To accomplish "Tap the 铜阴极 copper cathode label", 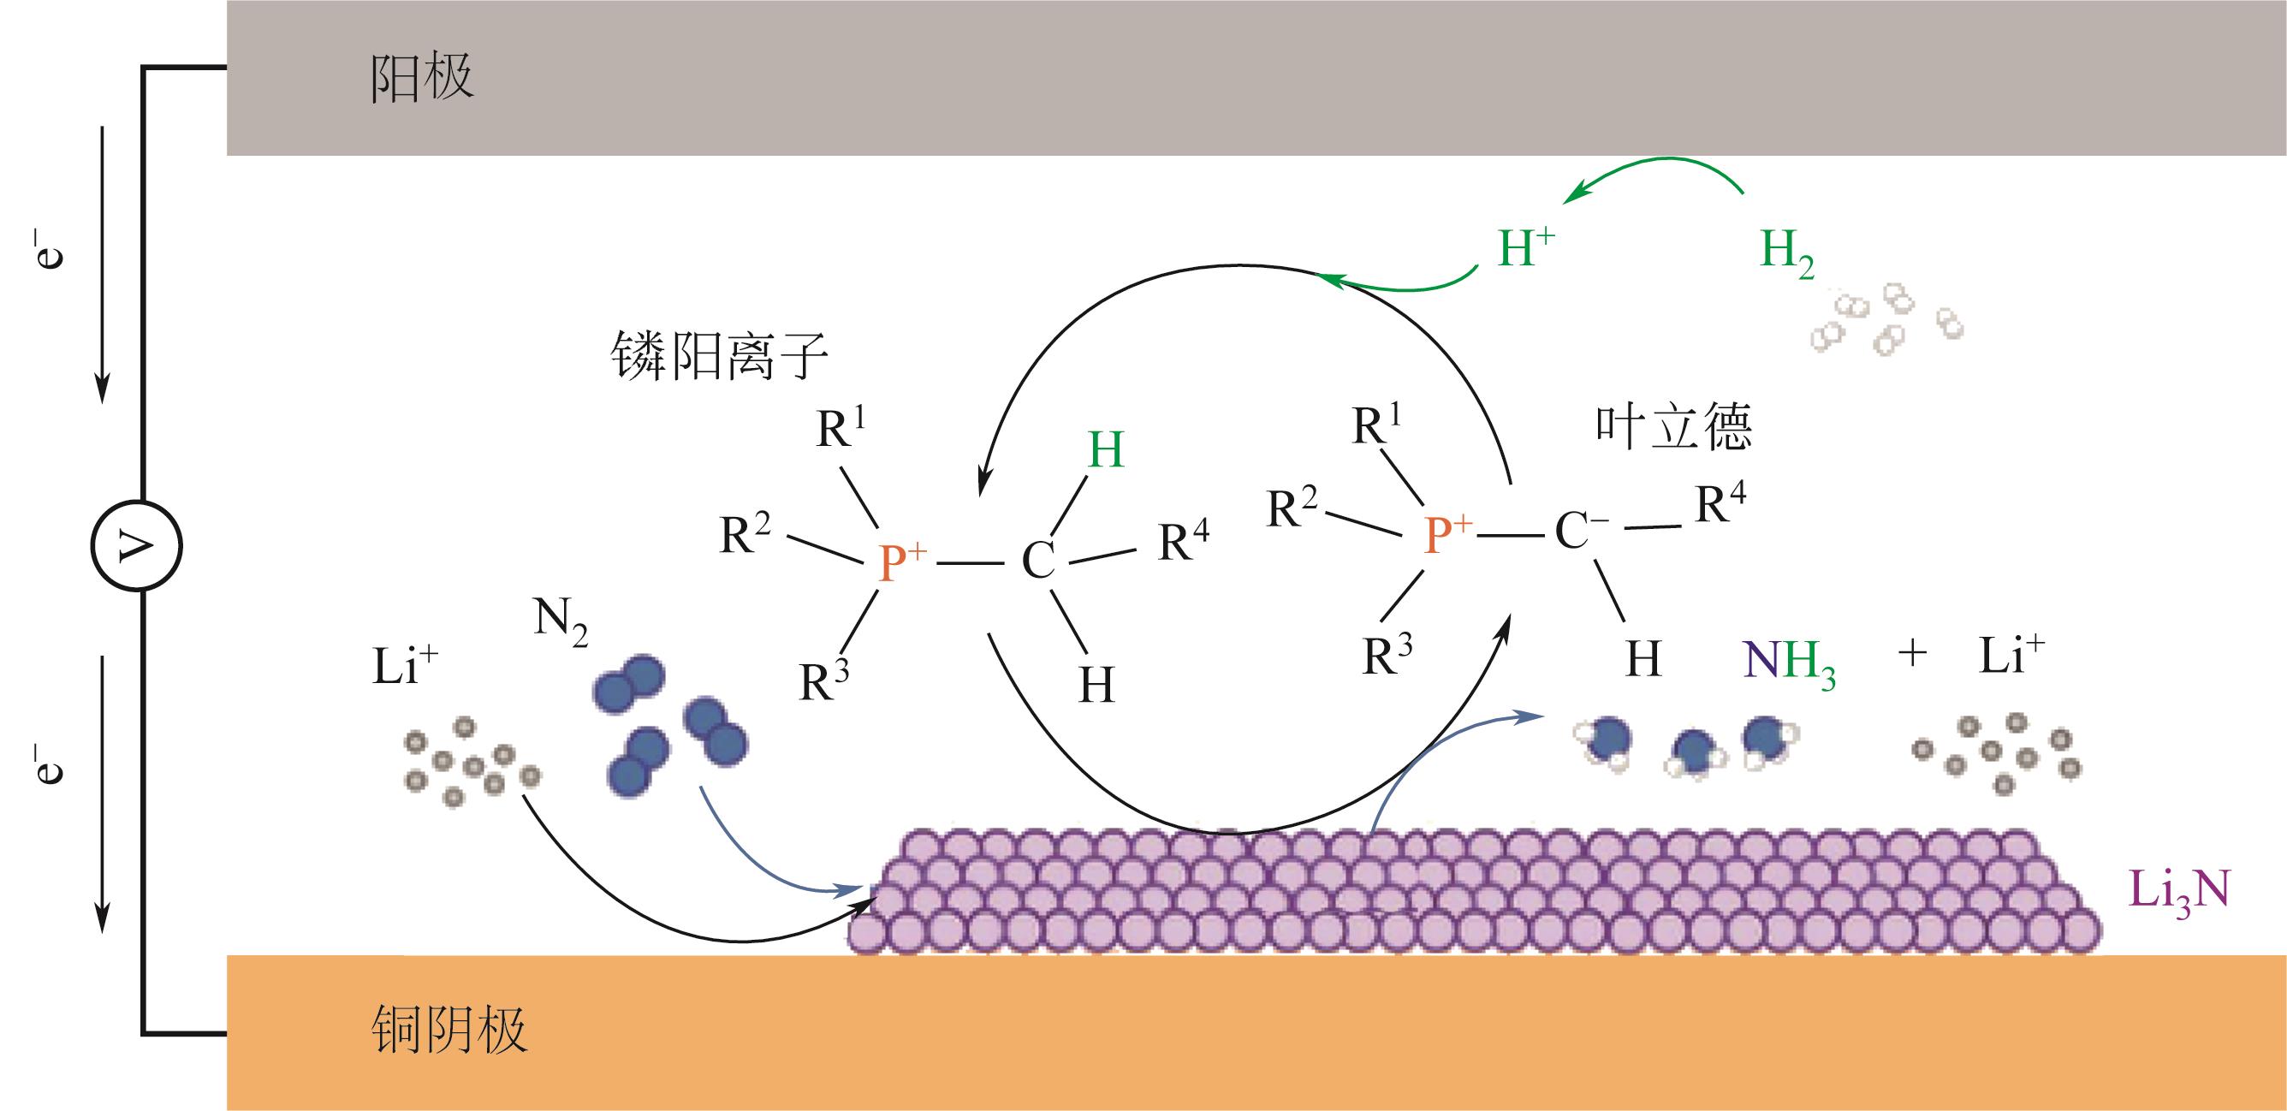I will click(x=450, y=1031).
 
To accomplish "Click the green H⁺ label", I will click(x=1526, y=249).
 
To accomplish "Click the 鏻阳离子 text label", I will click(x=719, y=356).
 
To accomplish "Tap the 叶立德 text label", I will click(x=1673, y=427).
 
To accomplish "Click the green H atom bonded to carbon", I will click(x=1105, y=450).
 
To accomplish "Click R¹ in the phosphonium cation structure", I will click(x=840, y=428).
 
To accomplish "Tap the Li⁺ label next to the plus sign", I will click(x=2011, y=658).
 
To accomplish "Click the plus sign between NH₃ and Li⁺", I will click(x=1912, y=656).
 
